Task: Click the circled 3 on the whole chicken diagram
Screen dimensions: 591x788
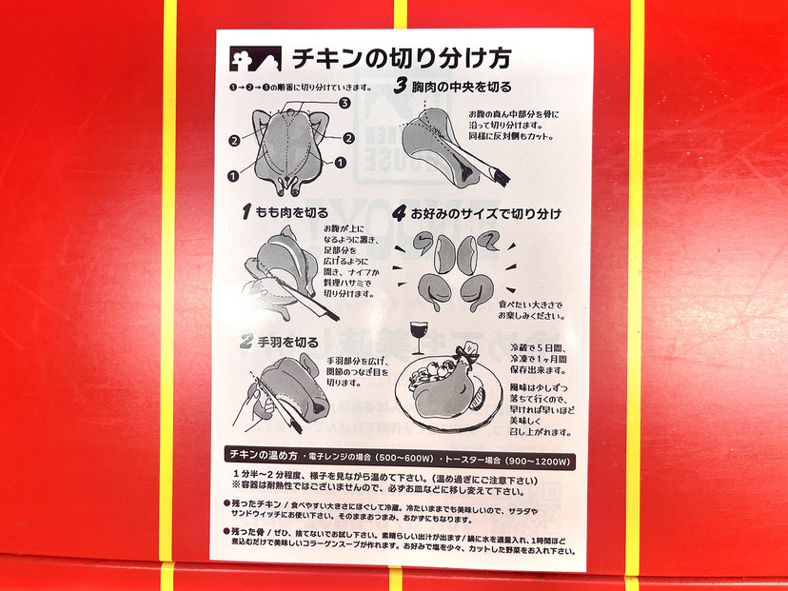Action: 345,103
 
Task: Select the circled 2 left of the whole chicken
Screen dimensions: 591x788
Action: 233,142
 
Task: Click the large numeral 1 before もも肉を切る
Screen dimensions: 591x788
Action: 246,210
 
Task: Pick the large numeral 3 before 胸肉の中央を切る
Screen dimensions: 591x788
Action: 404,87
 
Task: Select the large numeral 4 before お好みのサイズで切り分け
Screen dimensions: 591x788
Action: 402,211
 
